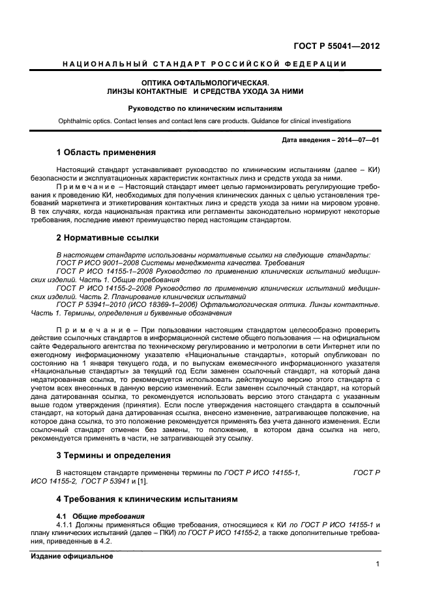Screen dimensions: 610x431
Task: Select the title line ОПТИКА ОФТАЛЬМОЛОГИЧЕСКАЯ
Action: (205, 83)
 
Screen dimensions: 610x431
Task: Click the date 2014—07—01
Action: (355, 139)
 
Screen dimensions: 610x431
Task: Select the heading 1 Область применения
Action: (106, 152)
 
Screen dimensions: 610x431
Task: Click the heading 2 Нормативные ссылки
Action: (108, 238)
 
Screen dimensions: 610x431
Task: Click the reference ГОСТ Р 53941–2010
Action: (92, 304)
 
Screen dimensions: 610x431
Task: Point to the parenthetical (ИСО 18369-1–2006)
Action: (166, 304)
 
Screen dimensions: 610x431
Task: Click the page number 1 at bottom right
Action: (378, 564)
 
